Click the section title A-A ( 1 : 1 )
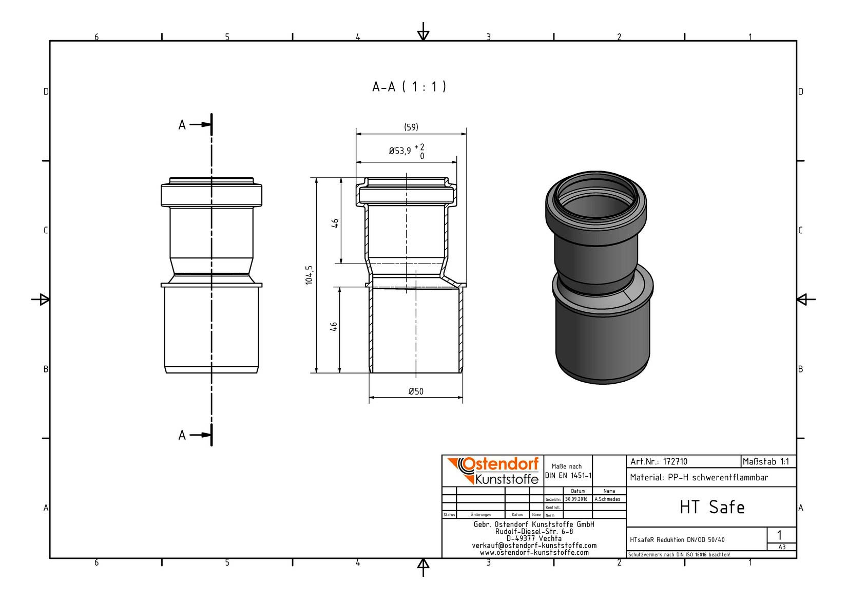pyautogui.click(x=409, y=87)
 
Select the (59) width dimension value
pyautogui.click(x=411, y=127)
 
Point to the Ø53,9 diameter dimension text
pyautogui.click(x=400, y=151)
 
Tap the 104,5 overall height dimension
pyautogui.click(x=310, y=275)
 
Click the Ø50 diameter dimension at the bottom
pyautogui.click(x=416, y=391)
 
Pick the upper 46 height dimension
pyautogui.click(x=335, y=223)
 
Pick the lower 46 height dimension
pyautogui.click(x=334, y=327)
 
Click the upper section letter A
pyautogui.click(x=182, y=125)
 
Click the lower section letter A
pyautogui.click(x=182, y=435)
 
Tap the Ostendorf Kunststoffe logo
pyautogui.click(x=493, y=471)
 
